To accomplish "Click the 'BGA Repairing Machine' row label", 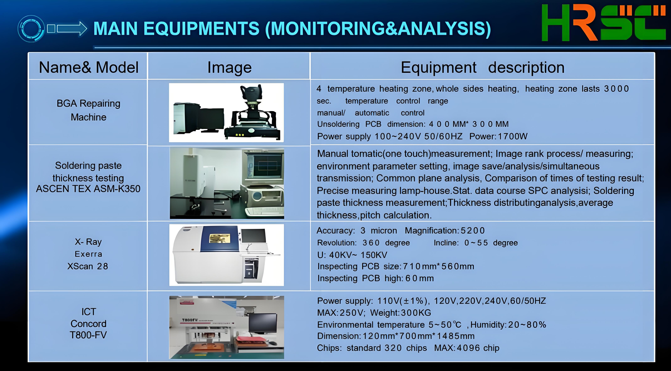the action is click(89, 110).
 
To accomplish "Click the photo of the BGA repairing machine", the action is click(226, 113).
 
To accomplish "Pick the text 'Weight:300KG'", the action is click(401, 313).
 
